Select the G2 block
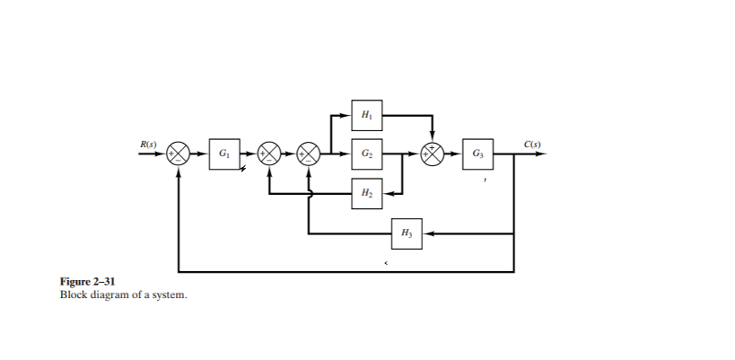366,154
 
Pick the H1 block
366,115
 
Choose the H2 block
366,193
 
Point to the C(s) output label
532,144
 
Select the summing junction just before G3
433,154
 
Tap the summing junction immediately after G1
269,154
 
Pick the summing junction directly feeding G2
309,154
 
